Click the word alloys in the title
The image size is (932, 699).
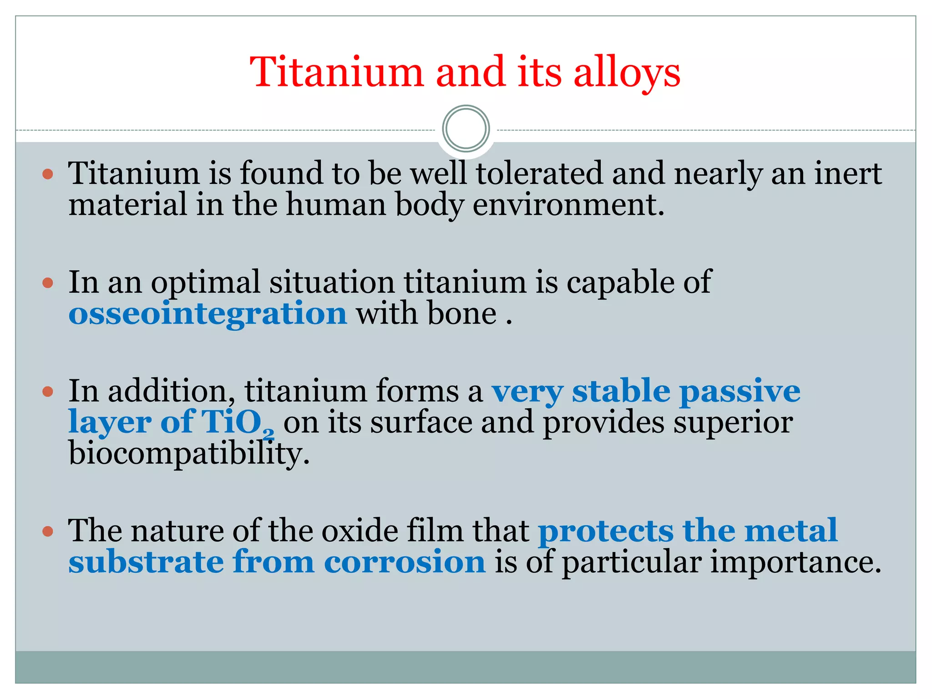tap(627, 73)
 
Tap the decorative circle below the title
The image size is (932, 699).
tap(466, 129)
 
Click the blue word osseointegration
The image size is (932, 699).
tap(208, 314)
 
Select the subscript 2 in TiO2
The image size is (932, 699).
tap(269, 435)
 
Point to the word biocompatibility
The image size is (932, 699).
tap(189, 454)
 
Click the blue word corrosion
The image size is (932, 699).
tap(405, 562)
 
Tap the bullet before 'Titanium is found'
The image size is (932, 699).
tap(48, 174)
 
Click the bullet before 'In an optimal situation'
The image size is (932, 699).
tap(48, 283)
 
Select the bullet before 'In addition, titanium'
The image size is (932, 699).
tap(48, 392)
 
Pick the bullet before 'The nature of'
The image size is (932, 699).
tap(48, 531)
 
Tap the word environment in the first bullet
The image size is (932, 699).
tap(568, 205)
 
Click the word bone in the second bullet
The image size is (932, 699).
tap(462, 314)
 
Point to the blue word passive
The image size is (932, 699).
tap(740, 391)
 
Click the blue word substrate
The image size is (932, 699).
tap(146, 562)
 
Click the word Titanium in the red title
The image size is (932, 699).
tap(337, 73)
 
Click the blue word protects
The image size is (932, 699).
tap(605, 531)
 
